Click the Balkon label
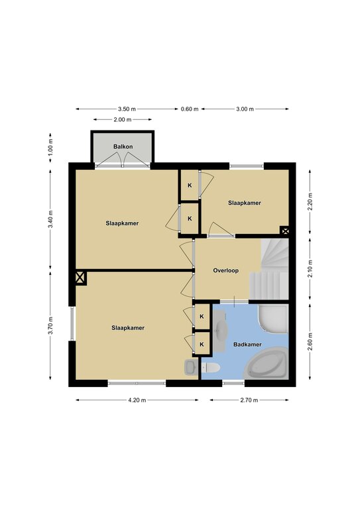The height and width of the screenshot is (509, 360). click(123, 146)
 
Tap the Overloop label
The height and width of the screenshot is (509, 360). click(226, 270)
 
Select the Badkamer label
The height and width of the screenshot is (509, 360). click(247, 345)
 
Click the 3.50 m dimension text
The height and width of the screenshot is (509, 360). click(127, 109)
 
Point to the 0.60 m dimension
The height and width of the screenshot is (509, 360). click(190, 109)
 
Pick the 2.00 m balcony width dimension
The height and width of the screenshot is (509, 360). click(123, 119)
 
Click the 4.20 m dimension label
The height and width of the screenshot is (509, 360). click(137, 400)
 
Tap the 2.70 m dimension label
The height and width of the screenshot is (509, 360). click(249, 400)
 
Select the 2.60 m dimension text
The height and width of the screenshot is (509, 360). click(310, 342)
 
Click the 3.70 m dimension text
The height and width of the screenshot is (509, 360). click(50, 325)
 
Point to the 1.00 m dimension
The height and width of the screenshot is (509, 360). click(50, 148)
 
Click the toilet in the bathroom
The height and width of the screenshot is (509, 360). click(211, 368)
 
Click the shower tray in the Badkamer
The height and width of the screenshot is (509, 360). click(273, 319)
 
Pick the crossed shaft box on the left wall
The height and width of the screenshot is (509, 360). click(80, 278)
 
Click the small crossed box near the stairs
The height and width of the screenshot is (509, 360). click(285, 231)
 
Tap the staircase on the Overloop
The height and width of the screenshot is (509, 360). click(270, 270)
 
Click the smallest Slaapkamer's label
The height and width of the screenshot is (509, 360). click(245, 203)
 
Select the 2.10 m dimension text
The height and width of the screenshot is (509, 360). click(310, 269)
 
